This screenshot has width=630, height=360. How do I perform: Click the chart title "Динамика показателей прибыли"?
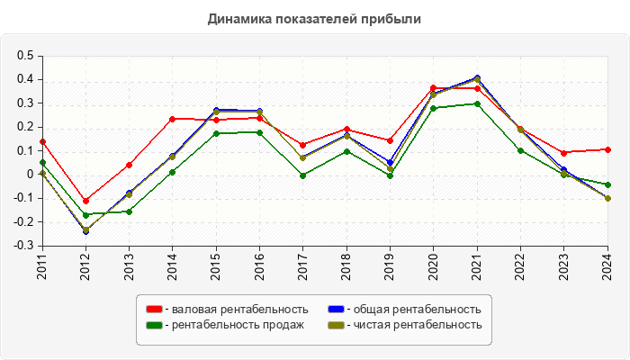(x=315, y=18)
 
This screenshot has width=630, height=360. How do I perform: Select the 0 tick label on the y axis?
(x=30, y=174)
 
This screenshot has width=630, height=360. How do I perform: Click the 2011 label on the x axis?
(x=42, y=267)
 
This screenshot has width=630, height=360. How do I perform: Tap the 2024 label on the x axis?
(x=607, y=267)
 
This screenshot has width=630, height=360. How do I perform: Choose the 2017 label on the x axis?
(x=303, y=267)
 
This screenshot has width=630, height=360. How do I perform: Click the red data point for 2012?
(x=85, y=201)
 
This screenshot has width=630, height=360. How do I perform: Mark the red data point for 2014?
(x=173, y=119)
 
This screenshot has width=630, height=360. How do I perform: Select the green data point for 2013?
(x=129, y=211)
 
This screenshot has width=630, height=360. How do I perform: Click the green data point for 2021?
(x=477, y=103)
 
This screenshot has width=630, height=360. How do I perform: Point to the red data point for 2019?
(x=390, y=140)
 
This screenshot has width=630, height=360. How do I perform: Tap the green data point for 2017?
(x=303, y=175)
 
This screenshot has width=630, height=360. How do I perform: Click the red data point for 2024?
(x=607, y=149)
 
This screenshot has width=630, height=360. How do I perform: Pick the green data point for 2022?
(x=520, y=150)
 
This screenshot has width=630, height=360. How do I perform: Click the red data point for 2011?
(x=42, y=141)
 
